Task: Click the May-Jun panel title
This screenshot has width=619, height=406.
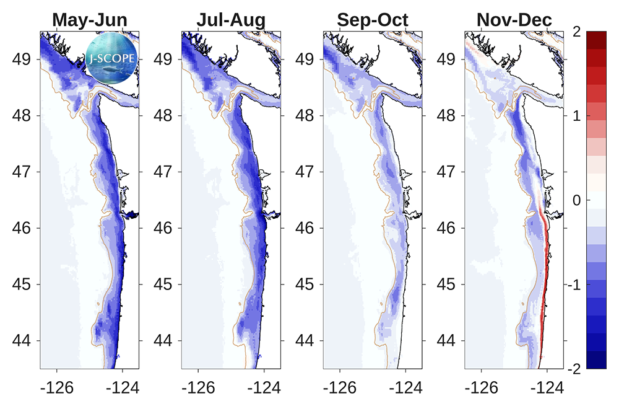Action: (90, 20)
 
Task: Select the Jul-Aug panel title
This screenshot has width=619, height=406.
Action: (231, 20)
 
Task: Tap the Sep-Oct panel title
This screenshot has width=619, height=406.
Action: (373, 20)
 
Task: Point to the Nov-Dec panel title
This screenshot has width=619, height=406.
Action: (514, 20)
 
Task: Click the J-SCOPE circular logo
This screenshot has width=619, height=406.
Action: (111, 58)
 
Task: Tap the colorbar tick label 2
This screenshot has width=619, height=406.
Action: (576, 32)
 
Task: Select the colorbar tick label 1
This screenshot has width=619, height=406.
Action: (576, 116)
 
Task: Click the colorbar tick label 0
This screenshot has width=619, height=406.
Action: (576, 200)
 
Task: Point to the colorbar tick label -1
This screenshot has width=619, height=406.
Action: (574, 285)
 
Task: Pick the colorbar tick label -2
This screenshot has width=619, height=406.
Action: (574, 369)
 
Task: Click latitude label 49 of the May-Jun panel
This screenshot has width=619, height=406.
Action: (21, 60)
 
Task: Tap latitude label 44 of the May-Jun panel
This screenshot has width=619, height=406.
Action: (21, 340)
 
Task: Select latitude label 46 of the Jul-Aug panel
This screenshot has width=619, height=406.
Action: (163, 228)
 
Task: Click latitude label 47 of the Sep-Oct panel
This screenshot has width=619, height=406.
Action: (305, 172)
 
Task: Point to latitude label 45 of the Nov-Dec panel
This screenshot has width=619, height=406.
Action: (446, 285)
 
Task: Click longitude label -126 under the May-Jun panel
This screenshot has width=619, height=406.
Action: (57, 388)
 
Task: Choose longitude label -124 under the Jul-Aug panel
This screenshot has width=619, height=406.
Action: (264, 388)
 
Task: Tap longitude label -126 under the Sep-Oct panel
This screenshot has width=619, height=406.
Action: (340, 388)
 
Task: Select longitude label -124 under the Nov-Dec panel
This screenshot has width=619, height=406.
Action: (547, 388)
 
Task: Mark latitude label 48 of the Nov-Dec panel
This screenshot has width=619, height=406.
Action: (446, 116)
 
